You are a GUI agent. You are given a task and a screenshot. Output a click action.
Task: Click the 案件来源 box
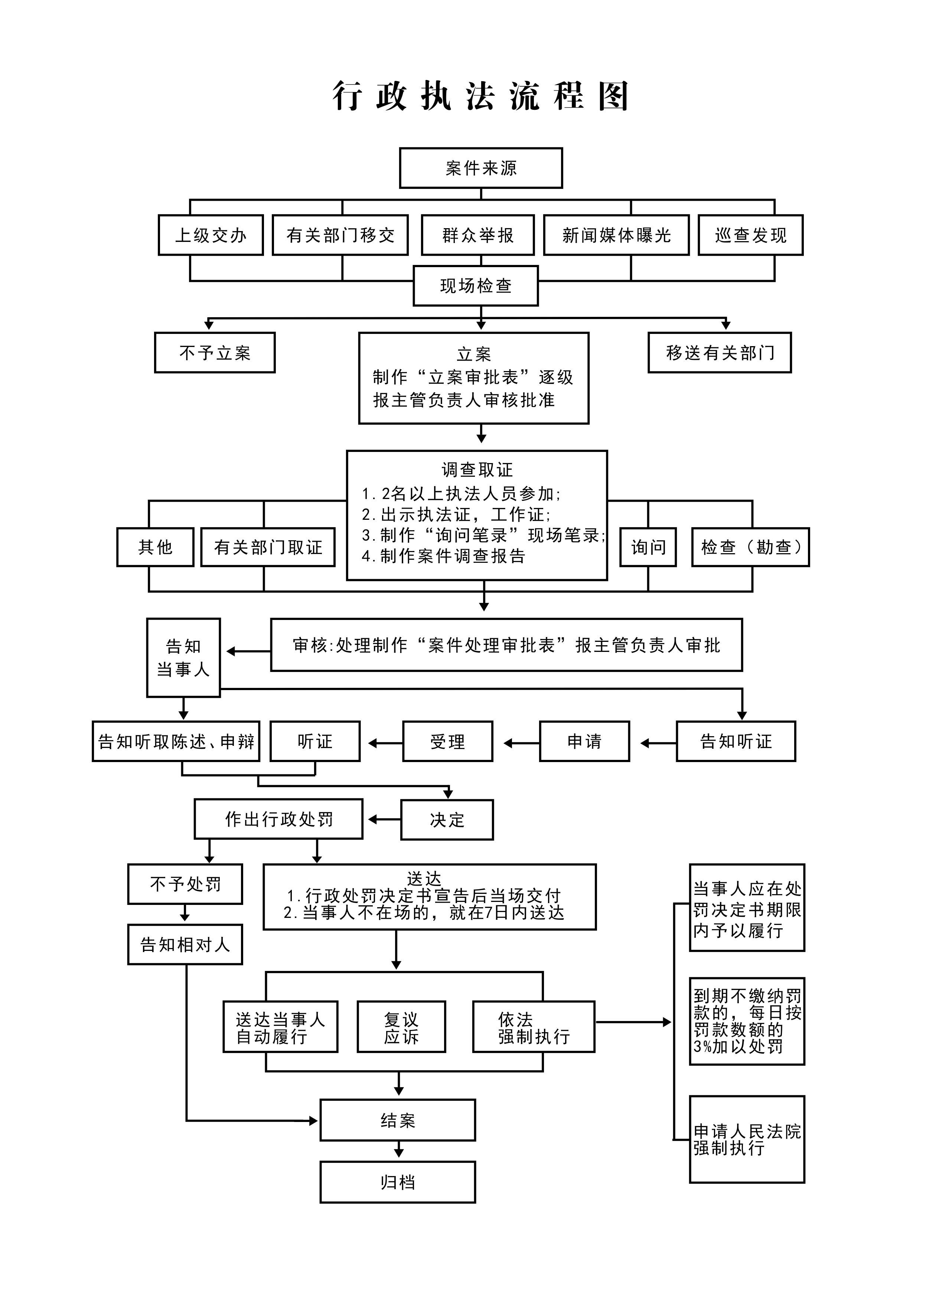[x=481, y=168]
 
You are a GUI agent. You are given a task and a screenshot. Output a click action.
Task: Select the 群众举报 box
[x=478, y=235]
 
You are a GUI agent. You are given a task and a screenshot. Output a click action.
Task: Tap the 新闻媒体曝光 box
[x=616, y=235]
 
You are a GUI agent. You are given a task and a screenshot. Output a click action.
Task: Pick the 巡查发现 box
[x=750, y=235]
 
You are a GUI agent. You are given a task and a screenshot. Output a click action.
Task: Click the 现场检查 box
[x=476, y=285]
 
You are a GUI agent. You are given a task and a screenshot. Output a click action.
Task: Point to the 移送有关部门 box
[x=720, y=353]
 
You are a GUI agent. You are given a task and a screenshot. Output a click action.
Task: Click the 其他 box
[x=155, y=547]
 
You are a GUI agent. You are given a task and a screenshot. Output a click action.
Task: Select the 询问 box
[x=648, y=547]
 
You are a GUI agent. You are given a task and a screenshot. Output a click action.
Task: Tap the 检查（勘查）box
[x=750, y=547]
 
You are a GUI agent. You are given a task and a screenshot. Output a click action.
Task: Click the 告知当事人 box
[x=183, y=657]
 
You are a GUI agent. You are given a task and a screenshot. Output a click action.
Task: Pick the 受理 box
[x=448, y=741]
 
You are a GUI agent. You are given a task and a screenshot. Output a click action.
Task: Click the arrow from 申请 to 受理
[x=521, y=743]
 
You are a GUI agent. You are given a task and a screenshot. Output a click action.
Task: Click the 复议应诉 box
[x=401, y=1027]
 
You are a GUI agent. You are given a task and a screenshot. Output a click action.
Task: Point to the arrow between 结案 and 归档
[x=398, y=1149]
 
